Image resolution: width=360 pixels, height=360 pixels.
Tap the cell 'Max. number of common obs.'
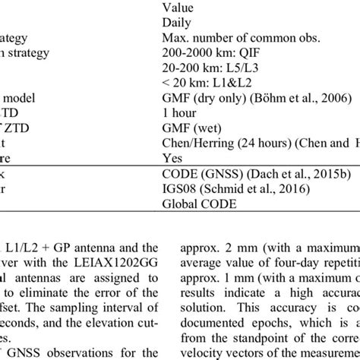click(232, 37)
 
